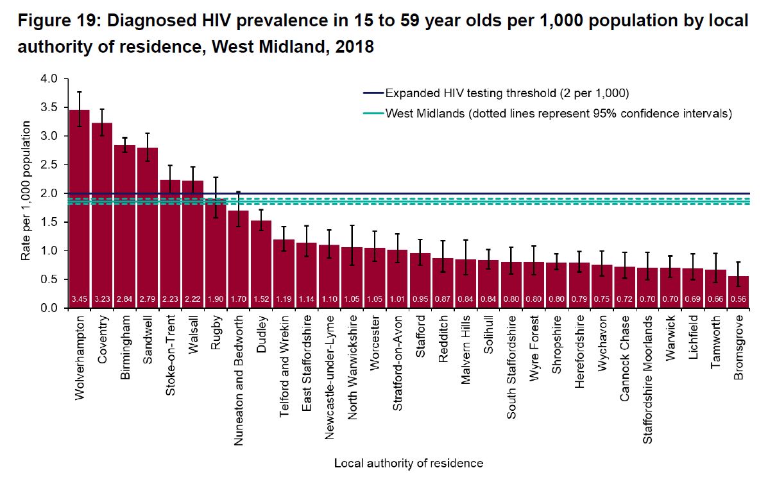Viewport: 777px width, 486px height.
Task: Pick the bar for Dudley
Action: tap(261, 264)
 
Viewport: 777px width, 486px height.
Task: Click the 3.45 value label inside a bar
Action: tap(80, 299)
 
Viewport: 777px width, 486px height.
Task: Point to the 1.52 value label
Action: tap(261, 299)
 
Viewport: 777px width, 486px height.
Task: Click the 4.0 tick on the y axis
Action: tap(49, 79)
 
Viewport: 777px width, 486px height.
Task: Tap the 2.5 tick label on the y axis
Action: tap(49, 165)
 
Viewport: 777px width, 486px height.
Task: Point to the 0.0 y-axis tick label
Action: tap(49, 308)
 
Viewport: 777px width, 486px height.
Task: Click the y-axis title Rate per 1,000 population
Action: tap(26, 193)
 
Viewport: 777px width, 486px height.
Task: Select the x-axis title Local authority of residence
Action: tap(409, 463)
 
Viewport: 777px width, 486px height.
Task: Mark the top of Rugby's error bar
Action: tap(216, 177)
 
